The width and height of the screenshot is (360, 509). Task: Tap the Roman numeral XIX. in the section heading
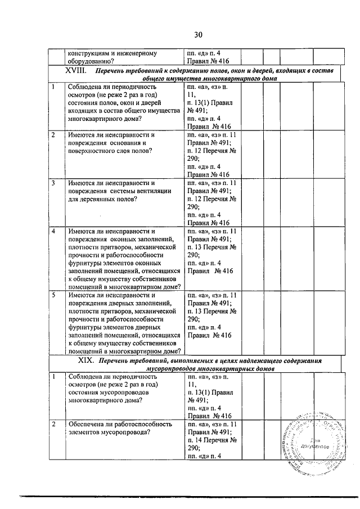[x=87, y=361]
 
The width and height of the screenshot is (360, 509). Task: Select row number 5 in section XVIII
[x=53, y=295]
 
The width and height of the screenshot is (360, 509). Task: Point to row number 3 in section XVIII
[x=53, y=183]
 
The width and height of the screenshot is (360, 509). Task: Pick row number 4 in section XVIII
[x=53, y=231]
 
